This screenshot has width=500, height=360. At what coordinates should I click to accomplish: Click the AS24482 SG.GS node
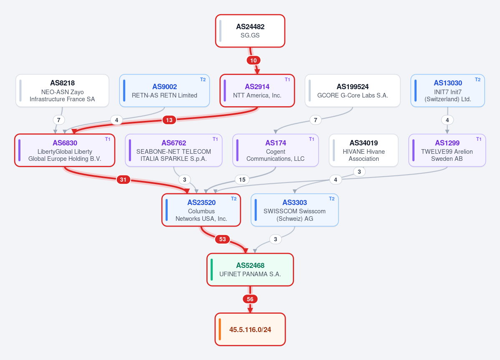[x=250, y=31]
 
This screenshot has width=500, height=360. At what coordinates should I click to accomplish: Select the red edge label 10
[x=254, y=60]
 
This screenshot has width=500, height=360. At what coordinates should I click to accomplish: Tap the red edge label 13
[x=169, y=120]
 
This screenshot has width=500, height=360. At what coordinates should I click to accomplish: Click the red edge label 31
[x=123, y=180]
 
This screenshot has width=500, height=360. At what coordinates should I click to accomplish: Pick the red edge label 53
[x=223, y=239]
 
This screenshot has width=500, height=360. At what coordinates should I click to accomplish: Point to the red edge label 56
[x=250, y=299]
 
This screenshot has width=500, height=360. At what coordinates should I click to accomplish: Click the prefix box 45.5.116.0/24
[x=250, y=330]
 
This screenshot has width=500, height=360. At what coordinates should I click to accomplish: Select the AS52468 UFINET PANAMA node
[x=250, y=270]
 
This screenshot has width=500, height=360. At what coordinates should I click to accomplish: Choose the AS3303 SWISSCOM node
[x=295, y=210]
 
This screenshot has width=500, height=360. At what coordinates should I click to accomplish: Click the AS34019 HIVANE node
[x=364, y=150]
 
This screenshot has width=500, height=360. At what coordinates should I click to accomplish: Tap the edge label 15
[x=242, y=180]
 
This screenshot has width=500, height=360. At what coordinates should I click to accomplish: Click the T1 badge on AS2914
[x=287, y=80]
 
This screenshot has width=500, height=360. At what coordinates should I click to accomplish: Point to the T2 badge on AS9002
[x=203, y=80]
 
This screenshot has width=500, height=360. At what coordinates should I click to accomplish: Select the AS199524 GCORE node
[x=353, y=90]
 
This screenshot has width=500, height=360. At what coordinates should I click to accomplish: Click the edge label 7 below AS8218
[x=59, y=120]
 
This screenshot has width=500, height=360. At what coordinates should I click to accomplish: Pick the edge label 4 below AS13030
[x=447, y=120]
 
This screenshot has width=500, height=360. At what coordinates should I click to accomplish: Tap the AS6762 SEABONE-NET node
[x=173, y=150]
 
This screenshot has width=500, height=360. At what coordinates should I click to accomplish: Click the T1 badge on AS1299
[x=479, y=139]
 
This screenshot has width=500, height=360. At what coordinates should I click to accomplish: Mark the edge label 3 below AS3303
[x=276, y=239]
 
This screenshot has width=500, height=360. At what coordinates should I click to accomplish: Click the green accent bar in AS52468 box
[x=212, y=270]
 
